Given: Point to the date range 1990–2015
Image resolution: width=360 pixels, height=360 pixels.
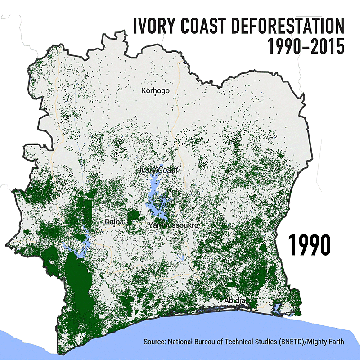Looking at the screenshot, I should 306,46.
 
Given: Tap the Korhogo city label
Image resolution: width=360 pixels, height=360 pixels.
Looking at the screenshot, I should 155,90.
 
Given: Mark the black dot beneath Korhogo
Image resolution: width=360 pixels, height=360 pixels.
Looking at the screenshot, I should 155,95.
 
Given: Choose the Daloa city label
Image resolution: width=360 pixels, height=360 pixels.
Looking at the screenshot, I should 114,221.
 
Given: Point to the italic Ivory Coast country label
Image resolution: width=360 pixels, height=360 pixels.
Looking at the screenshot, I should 158,170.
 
